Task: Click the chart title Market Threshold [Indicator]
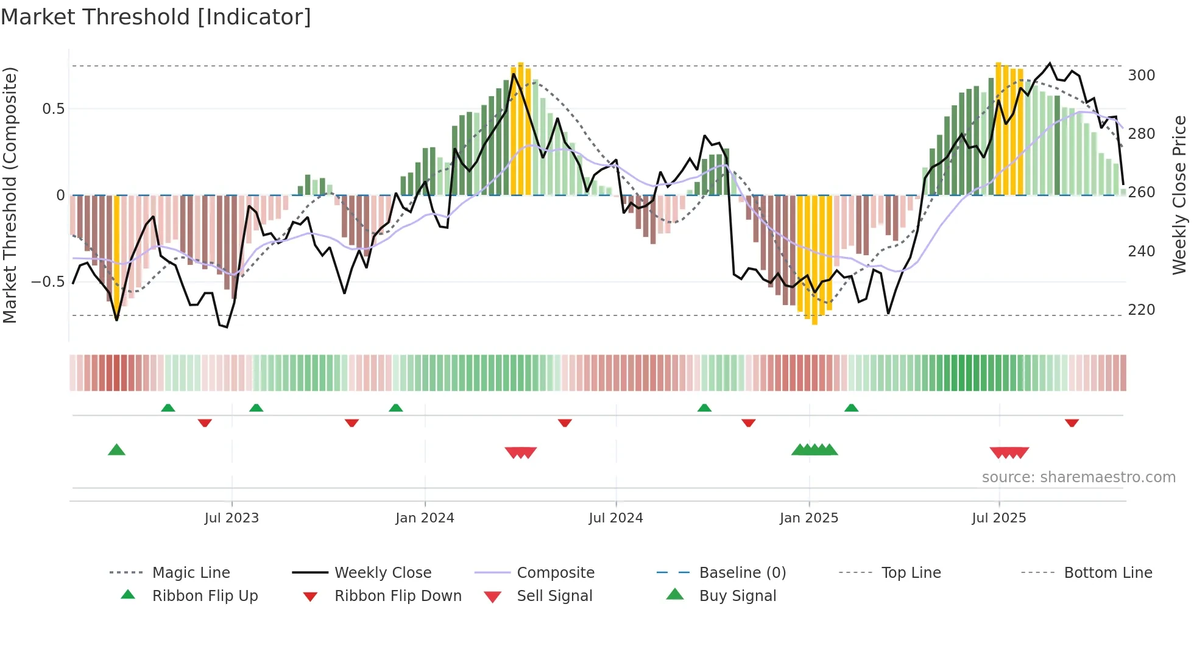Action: [156, 17]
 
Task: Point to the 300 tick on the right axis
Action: [1141, 76]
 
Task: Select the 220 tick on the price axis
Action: [1141, 310]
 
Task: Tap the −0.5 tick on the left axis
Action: [48, 282]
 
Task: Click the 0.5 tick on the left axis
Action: [53, 109]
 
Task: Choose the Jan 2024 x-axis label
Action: [425, 518]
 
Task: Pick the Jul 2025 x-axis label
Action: [998, 518]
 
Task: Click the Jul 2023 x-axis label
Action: [231, 518]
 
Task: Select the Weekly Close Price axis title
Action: [1179, 195]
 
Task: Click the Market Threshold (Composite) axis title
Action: [10, 195]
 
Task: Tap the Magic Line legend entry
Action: [191, 573]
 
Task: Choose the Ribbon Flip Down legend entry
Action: [398, 596]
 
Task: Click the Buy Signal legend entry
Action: [737, 596]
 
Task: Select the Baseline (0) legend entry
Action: [742, 573]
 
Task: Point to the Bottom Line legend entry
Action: [1107, 573]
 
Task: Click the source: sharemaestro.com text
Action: [1078, 477]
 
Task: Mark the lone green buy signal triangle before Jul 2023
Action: [116, 450]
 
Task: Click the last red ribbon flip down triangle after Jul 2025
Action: [1072, 423]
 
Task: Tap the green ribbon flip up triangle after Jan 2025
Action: [851, 408]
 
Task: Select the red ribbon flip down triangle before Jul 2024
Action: [565, 423]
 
